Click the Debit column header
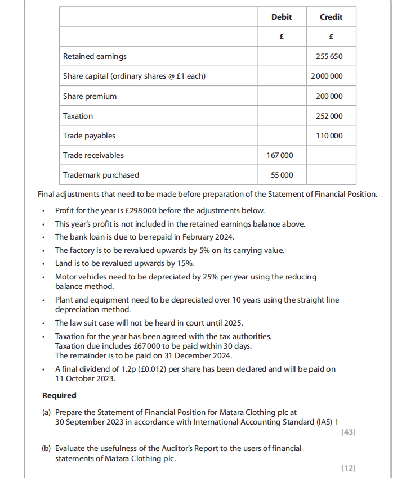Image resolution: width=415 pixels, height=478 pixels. tap(282, 17)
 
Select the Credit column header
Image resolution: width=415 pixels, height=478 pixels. tap(331, 17)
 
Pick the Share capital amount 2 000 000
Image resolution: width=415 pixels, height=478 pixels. tap(327, 76)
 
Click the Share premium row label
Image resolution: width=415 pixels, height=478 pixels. tap(90, 96)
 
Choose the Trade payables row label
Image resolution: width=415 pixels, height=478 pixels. tap(89, 136)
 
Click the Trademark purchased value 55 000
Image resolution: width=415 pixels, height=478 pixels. tap(282, 175)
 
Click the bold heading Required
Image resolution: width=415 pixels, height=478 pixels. tap(59, 395)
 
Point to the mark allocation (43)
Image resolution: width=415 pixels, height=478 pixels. tap(349, 432)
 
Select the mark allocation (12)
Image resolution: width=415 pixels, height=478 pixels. tap(349, 468)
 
